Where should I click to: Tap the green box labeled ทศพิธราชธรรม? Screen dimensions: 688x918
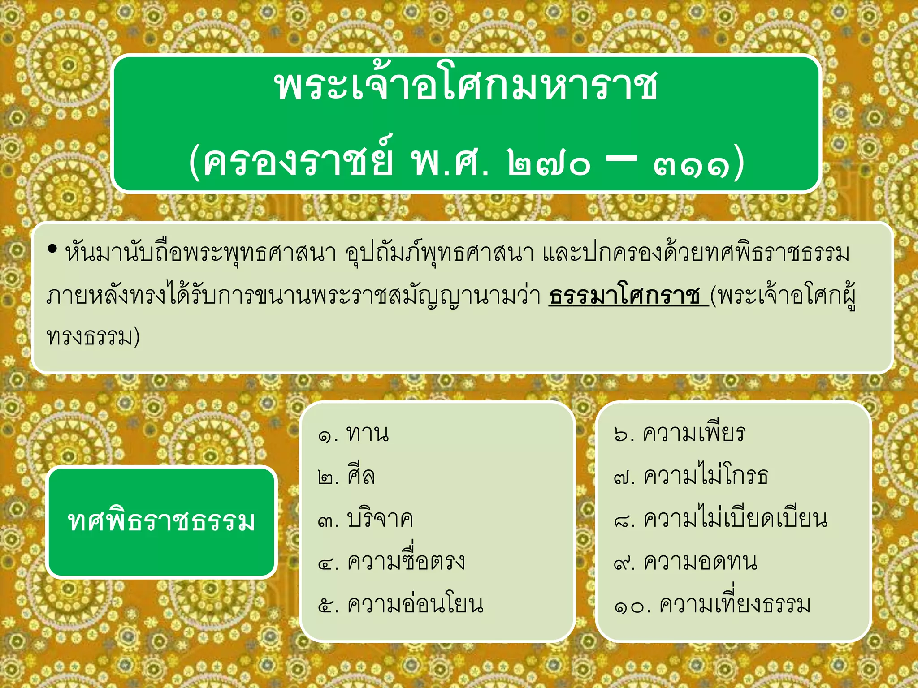(161, 522)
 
